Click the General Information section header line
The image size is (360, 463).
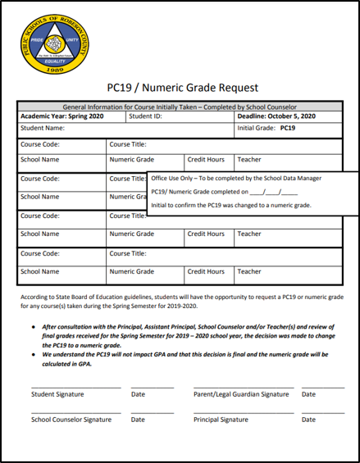click(180, 107)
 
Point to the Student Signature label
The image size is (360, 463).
click(57, 394)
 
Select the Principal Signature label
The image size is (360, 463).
click(221, 419)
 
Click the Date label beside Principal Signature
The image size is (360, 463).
click(308, 419)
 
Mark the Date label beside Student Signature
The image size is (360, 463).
click(138, 394)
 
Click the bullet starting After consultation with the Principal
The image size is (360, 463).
click(189, 335)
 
